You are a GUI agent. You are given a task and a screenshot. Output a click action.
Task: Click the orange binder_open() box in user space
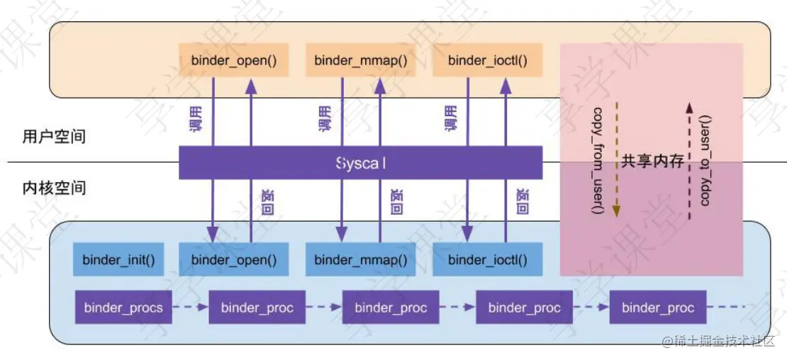(x=233, y=60)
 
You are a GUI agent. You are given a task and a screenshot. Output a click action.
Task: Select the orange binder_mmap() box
(x=361, y=60)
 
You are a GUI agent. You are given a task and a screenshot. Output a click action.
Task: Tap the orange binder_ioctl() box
(x=488, y=60)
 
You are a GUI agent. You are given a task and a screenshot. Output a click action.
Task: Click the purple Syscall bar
(x=361, y=162)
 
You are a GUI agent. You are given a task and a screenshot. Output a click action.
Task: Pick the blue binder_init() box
(x=118, y=259)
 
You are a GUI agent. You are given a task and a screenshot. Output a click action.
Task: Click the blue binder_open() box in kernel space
(x=233, y=259)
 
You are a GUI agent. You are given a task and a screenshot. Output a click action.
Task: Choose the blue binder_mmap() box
(x=361, y=259)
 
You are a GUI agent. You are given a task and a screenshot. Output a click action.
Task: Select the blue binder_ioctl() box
(x=488, y=259)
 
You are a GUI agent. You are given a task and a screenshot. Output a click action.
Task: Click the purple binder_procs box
(x=123, y=308)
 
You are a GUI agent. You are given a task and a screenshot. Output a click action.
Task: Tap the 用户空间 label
(x=54, y=136)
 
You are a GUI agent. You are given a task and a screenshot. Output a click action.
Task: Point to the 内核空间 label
(x=54, y=188)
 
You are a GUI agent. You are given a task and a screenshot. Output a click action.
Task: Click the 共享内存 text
(x=653, y=162)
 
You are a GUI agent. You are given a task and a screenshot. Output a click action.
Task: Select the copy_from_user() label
(x=598, y=162)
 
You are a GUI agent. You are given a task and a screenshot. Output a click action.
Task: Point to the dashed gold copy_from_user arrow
(x=615, y=162)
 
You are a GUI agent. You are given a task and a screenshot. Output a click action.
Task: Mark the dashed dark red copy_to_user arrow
(x=688, y=162)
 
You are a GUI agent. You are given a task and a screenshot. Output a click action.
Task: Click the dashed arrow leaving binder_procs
(x=190, y=308)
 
